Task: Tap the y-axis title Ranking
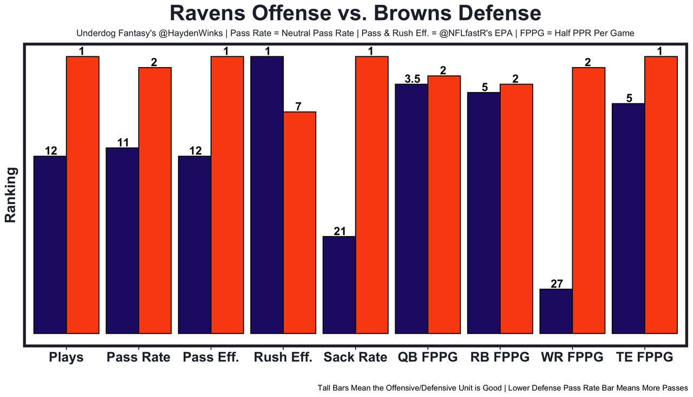tap(10, 194)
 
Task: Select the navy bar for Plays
tap(50, 244)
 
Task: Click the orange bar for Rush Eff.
tap(299, 222)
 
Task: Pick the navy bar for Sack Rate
tap(339, 284)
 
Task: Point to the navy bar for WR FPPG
tap(556, 311)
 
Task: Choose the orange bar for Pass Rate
tap(155, 200)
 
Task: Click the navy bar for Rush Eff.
tap(267, 194)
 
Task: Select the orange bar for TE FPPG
tap(661, 194)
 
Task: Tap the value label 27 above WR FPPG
tap(557, 284)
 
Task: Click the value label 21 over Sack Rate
tap(339, 231)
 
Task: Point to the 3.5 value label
tap(413, 79)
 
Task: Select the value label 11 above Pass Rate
tap(123, 143)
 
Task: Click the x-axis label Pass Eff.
tap(211, 357)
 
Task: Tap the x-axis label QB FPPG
tap(427, 357)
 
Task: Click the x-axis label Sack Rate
tap(355, 357)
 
